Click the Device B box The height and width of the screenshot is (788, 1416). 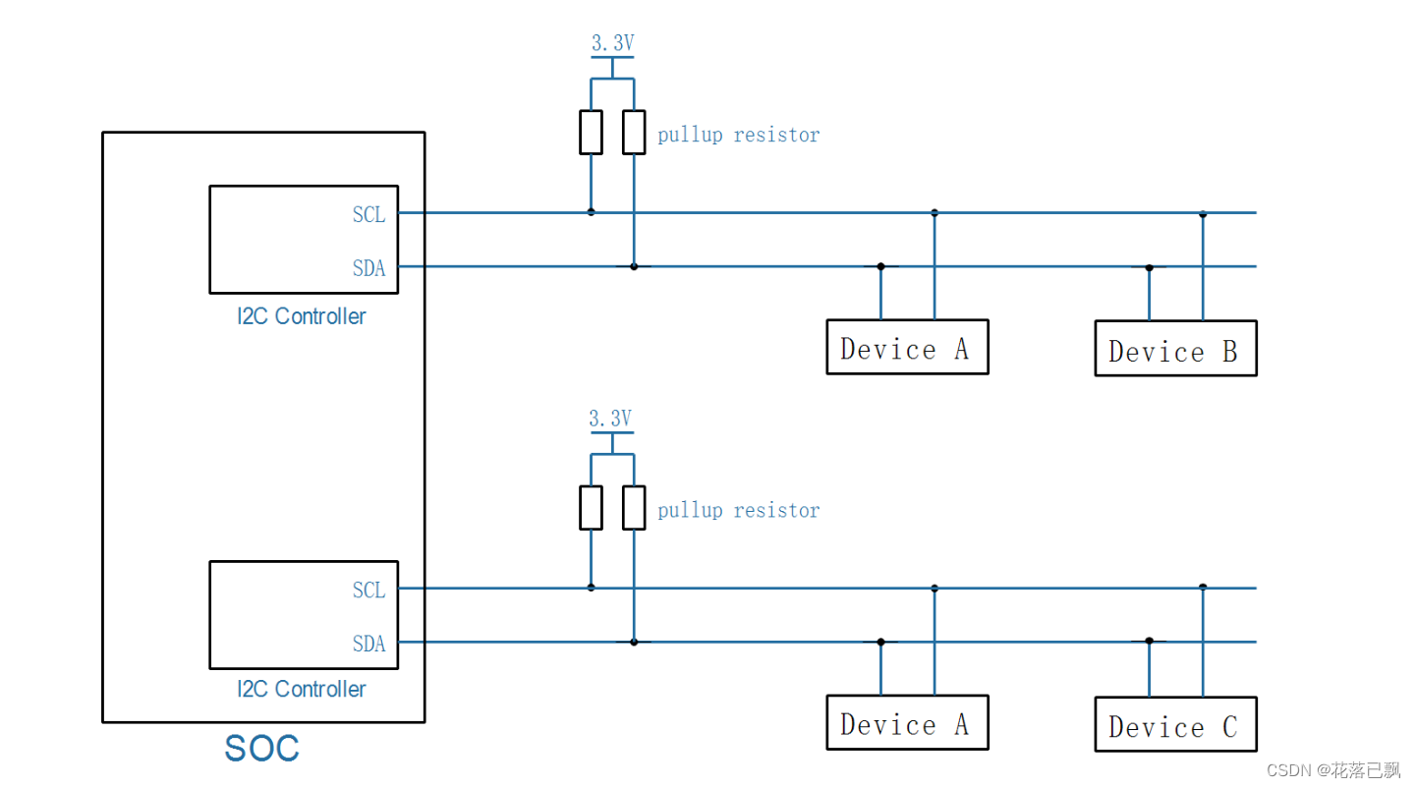tap(1175, 349)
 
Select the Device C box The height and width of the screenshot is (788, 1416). tap(1175, 725)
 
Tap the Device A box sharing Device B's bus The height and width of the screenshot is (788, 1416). tap(906, 347)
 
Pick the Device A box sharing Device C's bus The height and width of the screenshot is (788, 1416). tap(906, 723)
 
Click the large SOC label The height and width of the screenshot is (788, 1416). tap(261, 749)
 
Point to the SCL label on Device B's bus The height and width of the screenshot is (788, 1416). tap(369, 214)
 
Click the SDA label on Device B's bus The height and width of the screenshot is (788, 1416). tap(369, 268)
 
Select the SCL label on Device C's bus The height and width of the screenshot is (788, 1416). tap(369, 591)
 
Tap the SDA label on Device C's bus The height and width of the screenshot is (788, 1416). tap(369, 645)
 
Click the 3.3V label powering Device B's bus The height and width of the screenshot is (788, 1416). tap(612, 43)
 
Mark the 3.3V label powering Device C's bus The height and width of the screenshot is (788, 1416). tap(610, 419)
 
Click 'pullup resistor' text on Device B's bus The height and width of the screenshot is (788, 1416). tap(738, 135)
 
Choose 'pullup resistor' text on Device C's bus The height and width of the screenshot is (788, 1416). tap(738, 510)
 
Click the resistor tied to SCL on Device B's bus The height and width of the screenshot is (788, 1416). tap(591, 133)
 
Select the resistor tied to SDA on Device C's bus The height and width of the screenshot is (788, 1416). tap(634, 508)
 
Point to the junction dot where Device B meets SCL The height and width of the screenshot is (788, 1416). tap(1203, 213)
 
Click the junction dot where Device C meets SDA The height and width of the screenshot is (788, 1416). tap(1149, 641)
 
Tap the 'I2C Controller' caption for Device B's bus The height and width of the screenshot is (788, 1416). tap(302, 316)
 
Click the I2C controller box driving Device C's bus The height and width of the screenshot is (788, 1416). tap(304, 615)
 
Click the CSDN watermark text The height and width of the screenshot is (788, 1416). tap(1332, 769)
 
